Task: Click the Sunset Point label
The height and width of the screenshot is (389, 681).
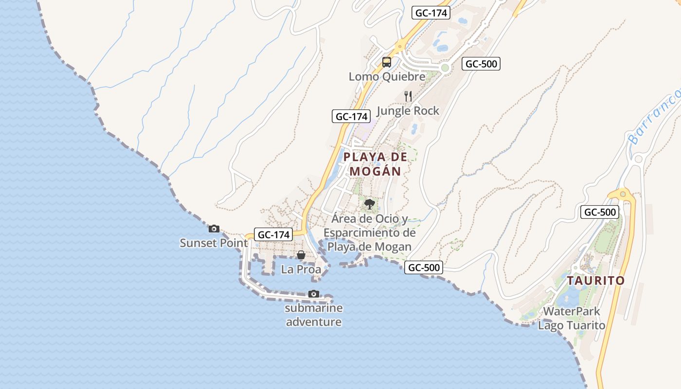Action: (x=214, y=243)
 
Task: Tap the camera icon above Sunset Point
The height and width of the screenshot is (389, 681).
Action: (x=214, y=229)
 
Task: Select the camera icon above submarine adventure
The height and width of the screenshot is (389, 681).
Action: (x=314, y=294)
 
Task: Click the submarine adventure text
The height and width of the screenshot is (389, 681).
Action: (x=314, y=315)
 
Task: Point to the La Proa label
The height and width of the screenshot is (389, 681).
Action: (x=301, y=269)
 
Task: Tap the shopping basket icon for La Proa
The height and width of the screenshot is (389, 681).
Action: (x=301, y=255)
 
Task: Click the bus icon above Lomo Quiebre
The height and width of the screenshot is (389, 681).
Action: (x=387, y=62)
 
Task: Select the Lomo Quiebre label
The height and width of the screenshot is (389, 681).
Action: (x=387, y=76)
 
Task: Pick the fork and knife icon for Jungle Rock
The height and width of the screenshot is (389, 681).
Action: (x=408, y=96)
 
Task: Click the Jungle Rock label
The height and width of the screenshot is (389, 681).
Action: (x=408, y=111)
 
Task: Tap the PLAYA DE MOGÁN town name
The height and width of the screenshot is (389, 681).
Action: (x=375, y=164)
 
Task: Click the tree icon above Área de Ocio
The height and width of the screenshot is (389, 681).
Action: (x=370, y=204)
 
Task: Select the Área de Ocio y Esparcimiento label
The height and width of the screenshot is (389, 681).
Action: (x=370, y=233)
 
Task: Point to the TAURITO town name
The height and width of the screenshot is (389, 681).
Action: (x=595, y=281)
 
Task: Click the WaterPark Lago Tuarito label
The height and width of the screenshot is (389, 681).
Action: (x=572, y=318)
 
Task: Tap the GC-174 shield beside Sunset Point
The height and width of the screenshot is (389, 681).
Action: (x=274, y=234)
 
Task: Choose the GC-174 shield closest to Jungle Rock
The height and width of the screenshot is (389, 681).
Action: (x=352, y=116)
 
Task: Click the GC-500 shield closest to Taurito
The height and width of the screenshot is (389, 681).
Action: (x=600, y=212)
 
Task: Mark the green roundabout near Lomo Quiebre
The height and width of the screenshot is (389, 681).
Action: (x=445, y=68)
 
